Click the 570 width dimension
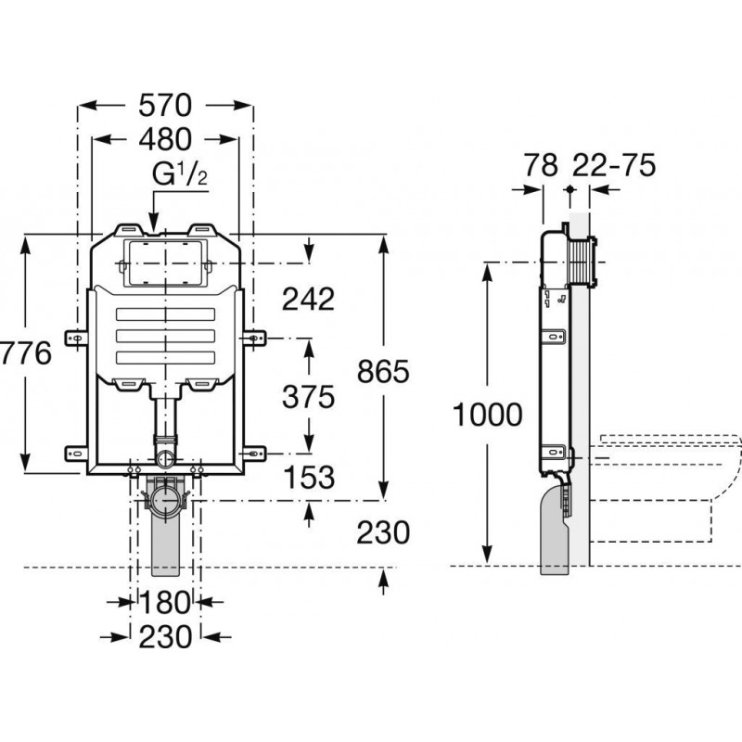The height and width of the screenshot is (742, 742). (166, 105)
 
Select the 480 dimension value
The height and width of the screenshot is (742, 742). (166, 139)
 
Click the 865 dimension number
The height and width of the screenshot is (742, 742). (383, 372)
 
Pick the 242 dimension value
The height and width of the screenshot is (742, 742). (307, 299)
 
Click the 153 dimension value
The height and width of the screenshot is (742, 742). (307, 478)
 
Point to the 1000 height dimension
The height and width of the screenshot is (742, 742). (488, 415)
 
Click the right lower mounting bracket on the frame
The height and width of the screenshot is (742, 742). (254, 453)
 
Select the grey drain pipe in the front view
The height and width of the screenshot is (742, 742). (165, 538)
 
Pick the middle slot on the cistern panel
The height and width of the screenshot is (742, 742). (165, 336)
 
